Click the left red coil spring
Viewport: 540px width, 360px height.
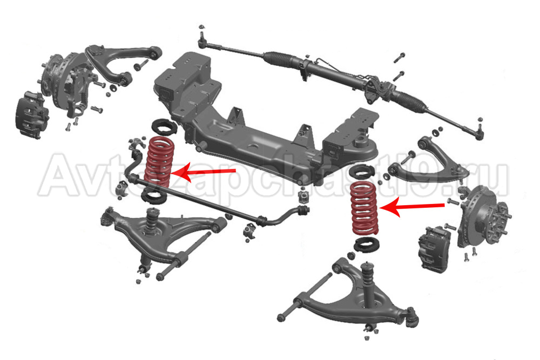159,162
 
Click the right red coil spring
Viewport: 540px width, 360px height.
364,208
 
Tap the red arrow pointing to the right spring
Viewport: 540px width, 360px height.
411,207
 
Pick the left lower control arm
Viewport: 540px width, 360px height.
162,237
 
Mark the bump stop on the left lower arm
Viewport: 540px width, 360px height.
152,220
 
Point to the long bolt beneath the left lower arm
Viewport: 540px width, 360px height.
184,255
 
